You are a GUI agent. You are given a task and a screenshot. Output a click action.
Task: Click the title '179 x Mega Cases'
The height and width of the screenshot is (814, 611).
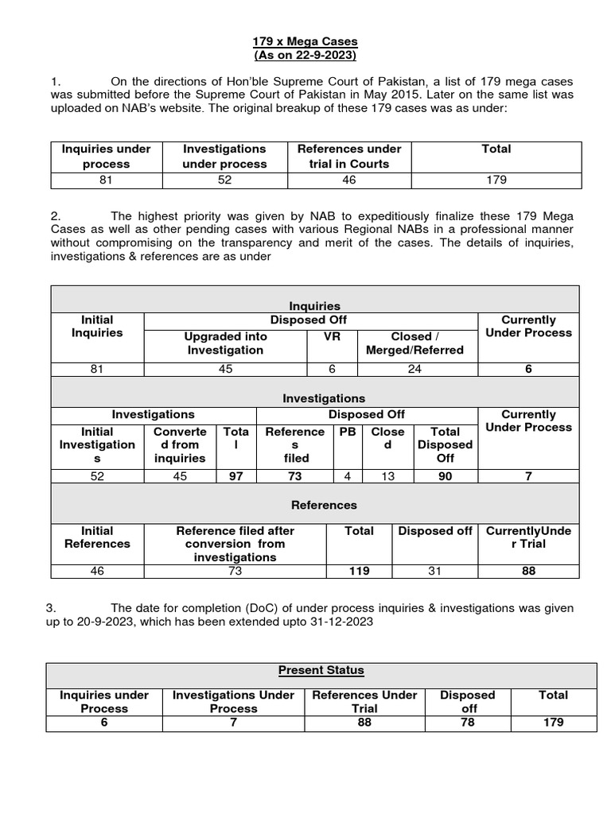click(305, 41)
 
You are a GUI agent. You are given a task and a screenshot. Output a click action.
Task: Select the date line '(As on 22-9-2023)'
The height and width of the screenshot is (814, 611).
click(305, 56)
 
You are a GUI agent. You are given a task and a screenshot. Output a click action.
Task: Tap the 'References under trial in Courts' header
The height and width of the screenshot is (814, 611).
click(349, 156)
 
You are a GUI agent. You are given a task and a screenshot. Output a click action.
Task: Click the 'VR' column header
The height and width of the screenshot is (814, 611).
click(330, 336)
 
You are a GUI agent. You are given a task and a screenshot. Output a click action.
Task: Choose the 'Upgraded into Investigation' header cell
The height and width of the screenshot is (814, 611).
click(225, 343)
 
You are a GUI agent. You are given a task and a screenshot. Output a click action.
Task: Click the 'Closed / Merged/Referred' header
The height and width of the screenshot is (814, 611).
click(414, 343)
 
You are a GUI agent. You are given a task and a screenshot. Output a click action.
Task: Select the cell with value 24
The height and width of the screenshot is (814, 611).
click(414, 369)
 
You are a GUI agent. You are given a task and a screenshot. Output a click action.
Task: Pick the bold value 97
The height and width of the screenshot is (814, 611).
click(236, 476)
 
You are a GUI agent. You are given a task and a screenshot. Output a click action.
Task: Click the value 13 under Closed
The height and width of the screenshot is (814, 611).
click(387, 476)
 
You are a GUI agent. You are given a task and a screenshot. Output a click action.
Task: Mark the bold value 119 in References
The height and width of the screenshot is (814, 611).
click(360, 571)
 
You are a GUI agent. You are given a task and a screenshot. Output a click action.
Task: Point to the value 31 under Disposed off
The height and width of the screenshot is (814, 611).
click(434, 571)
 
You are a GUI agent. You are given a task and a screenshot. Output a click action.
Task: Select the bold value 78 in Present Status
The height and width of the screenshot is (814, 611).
click(468, 722)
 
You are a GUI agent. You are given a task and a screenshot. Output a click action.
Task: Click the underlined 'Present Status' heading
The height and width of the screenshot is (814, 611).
click(321, 670)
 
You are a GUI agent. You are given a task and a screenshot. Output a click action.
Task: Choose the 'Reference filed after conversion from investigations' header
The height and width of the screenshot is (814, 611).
click(235, 544)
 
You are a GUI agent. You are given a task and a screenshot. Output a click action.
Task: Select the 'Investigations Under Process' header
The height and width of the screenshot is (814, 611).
click(233, 701)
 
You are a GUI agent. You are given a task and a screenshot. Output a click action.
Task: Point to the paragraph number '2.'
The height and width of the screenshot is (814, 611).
click(55, 215)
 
